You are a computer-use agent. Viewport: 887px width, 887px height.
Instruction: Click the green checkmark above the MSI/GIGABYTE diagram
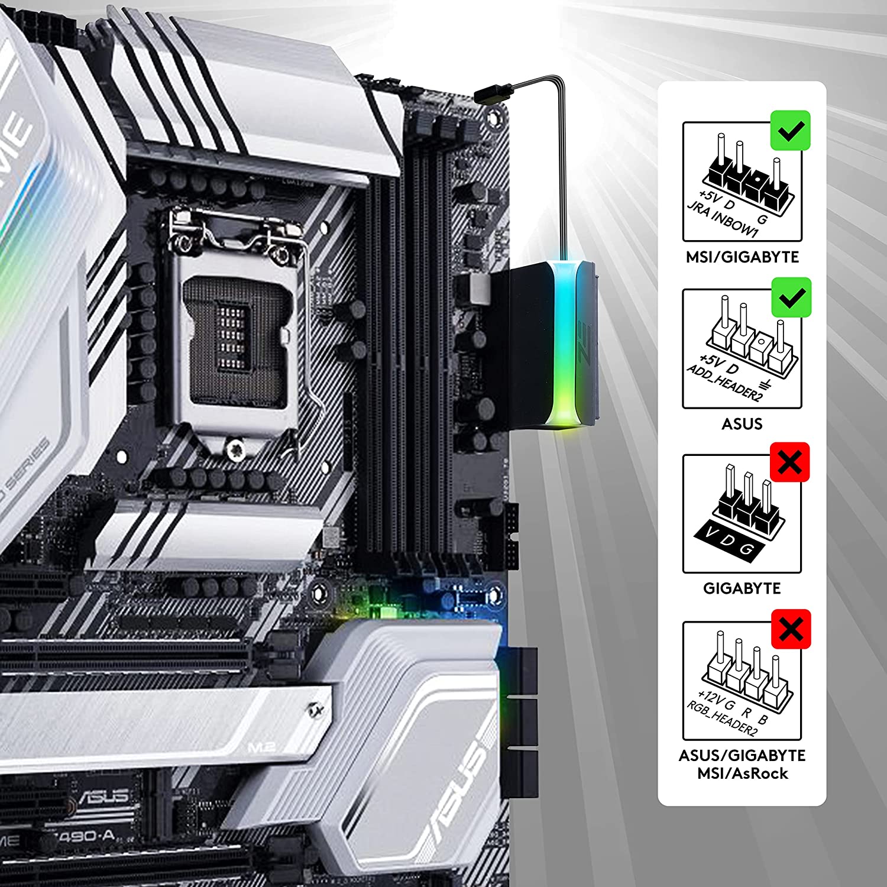tap(791, 130)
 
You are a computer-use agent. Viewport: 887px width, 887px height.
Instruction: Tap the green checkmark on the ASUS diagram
tap(792, 297)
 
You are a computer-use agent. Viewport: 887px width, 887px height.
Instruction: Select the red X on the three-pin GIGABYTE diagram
tap(790, 462)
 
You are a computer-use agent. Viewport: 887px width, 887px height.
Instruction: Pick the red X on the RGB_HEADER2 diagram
tap(791, 629)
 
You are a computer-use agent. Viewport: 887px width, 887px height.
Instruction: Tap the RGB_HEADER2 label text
tap(722, 718)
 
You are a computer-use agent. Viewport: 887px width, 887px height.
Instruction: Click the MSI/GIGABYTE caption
tap(742, 257)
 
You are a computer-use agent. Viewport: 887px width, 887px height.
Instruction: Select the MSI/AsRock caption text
tap(742, 773)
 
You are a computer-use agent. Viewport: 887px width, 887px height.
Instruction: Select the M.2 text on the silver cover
tap(261, 747)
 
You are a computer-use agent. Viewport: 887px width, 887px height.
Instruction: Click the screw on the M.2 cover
tap(314, 708)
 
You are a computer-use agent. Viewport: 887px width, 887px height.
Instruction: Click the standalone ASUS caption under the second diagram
tap(742, 424)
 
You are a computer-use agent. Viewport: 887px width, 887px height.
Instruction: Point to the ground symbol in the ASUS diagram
tap(766, 386)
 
